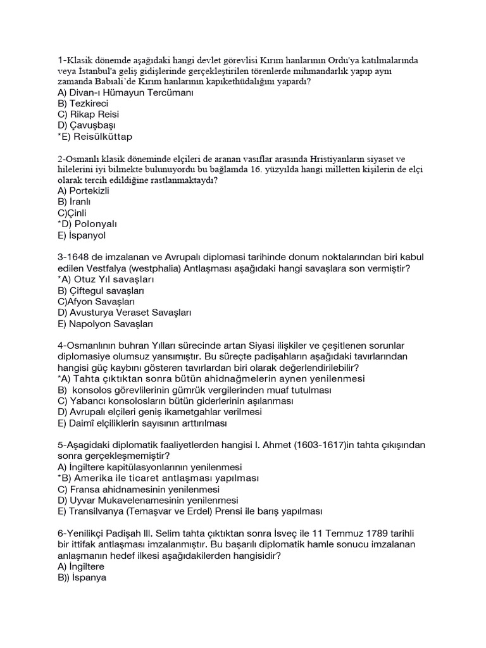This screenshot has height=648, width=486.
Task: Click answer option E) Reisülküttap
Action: tap(95, 136)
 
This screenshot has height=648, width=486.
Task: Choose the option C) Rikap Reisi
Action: tap(88, 115)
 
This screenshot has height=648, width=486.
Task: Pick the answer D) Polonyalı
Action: tap(87, 224)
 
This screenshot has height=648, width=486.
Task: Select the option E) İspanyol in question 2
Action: tap(82, 235)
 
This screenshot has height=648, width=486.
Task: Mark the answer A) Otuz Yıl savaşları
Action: tap(106, 279)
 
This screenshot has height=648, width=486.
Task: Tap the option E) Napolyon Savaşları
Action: tap(106, 323)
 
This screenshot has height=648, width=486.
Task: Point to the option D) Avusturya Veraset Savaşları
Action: tap(124, 313)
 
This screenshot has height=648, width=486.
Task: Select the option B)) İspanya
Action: tap(82, 578)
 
